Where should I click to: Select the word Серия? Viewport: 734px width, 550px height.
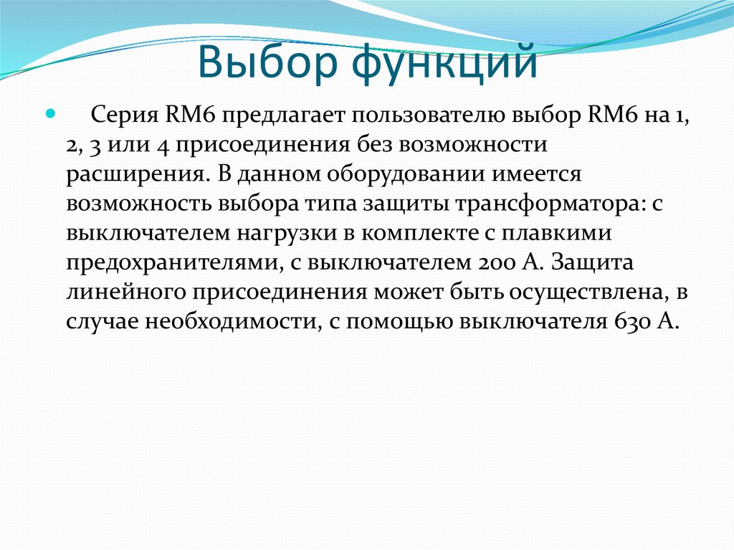point(125,116)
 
